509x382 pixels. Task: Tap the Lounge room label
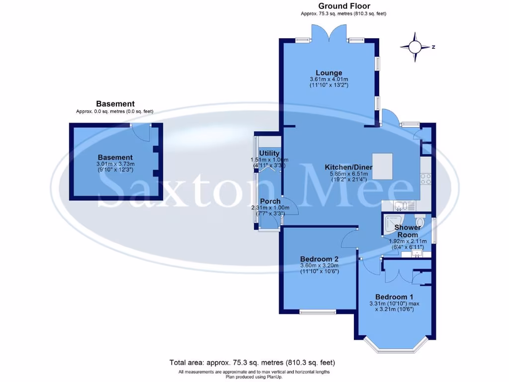329,73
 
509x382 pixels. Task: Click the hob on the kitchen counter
425,178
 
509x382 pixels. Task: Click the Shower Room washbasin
417,254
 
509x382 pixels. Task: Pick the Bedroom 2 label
319,259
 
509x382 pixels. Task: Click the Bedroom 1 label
394,296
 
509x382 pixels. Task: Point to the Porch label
270,201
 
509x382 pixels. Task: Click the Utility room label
269,153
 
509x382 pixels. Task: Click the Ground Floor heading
343,6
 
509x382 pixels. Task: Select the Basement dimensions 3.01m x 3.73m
115,164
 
